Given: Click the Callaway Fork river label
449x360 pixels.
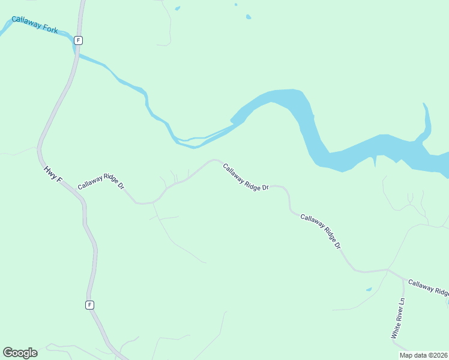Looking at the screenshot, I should click(x=35, y=25).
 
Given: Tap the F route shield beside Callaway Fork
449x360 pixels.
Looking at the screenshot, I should click(x=78, y=40).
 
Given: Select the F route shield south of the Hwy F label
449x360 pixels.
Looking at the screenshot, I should click(x=89, y=305).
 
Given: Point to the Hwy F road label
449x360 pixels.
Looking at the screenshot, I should click(x=53, y=175).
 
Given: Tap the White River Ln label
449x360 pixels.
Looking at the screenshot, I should click(x=399, y=319).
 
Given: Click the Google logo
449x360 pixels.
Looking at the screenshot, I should click(x=20, y=353).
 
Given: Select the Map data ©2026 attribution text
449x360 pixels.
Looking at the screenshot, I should click(x=424, y=355).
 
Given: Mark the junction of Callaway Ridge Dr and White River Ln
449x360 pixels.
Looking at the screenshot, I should click(x=388, y=271).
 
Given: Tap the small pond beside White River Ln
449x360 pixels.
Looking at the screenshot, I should click(x=369, y=290).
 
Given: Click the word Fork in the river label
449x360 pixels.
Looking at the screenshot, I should click(x=50, y=28).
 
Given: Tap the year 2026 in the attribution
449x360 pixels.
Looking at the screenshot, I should click(x=439, y=355).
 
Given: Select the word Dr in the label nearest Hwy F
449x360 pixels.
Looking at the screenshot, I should click(x=121, y=186).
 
